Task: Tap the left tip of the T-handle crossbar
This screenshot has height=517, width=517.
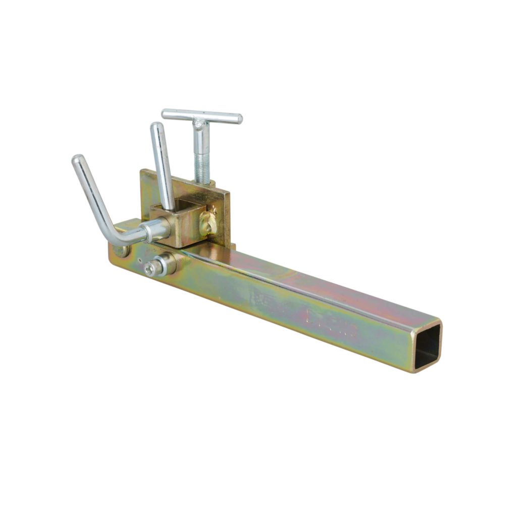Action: pyautogui.click(x=165, y=113)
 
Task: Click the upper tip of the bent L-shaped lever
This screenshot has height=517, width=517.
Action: pyautogui.click(x=77, y=159)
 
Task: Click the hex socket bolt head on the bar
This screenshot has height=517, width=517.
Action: pyautogui.click(x=150, y=269)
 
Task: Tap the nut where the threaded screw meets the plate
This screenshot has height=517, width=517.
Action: pyautogui.click(x=204, y=184)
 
